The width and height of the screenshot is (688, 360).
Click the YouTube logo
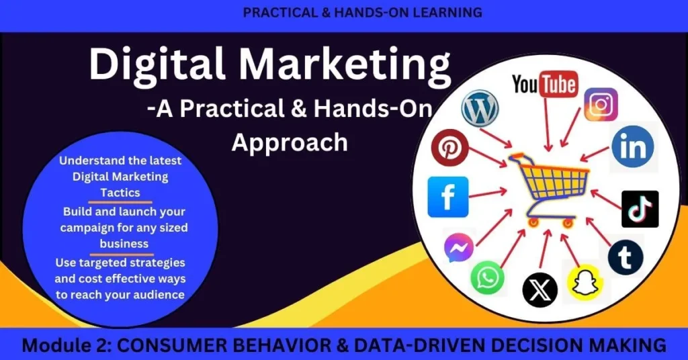(x=545, y=84)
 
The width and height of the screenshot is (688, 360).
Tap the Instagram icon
(x=601, y=104)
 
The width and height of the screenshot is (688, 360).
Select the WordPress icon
(x=480, y=108)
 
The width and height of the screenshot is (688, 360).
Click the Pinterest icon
(x=449, y=147)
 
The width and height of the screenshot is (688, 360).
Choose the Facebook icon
(x=448, y=197)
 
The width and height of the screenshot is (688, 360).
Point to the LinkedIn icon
(x=633, y=147)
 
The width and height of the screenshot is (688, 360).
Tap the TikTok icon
(x=640, y=209)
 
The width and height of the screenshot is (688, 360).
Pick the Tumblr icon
(x=626, y=257)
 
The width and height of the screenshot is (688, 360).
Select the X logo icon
(x=540, y=290)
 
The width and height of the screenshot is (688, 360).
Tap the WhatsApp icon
(x=487, y=277)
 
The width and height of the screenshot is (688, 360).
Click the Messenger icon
(x=458, y=248)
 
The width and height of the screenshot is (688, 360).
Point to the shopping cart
(x=548, y=189)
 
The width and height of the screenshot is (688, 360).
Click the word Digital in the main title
(x=157, y=64)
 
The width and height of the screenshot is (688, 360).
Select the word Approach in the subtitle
(x=290, y=142)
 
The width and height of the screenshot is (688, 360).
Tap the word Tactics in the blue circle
(x=120, y=193)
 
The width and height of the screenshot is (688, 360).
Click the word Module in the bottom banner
(x=55, y=345)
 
